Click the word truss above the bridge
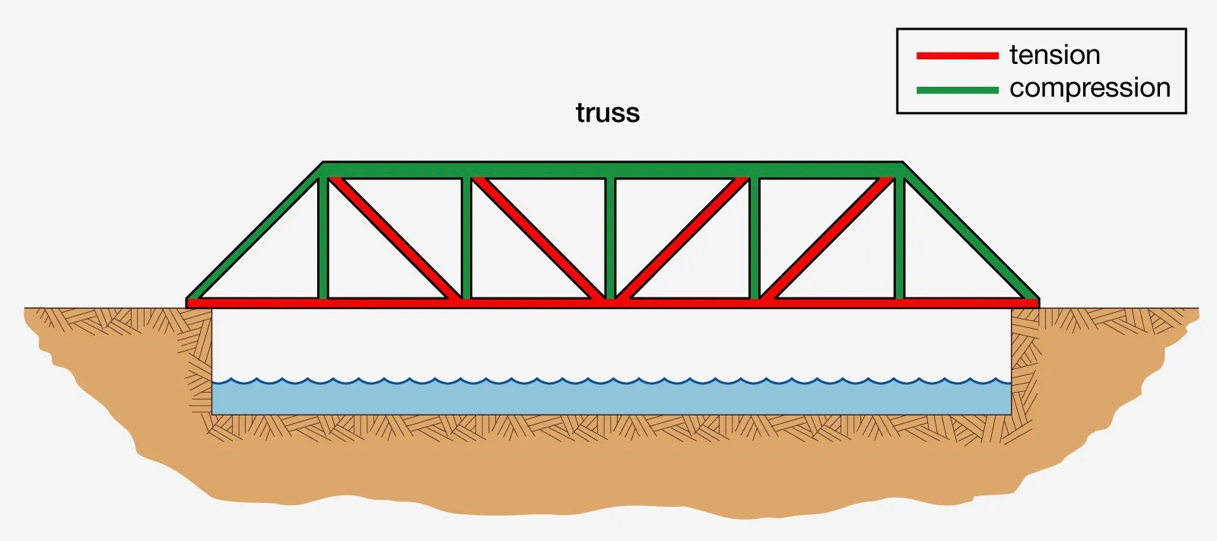click(x=608, y=113)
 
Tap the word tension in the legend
click(x=1054, y=55)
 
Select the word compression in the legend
click(x=1089, y=88)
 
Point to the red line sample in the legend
click(x=957, y=56)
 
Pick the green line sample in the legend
click(x=957, y=90)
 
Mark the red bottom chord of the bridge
click(x=532, y=303)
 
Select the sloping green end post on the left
click(x=255, y=232)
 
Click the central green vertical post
click(x=610, y=236)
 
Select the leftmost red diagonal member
click(x=394, y=239)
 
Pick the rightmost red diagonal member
click(x=828, y=239)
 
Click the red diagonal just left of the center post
click(x=538, y=239)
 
